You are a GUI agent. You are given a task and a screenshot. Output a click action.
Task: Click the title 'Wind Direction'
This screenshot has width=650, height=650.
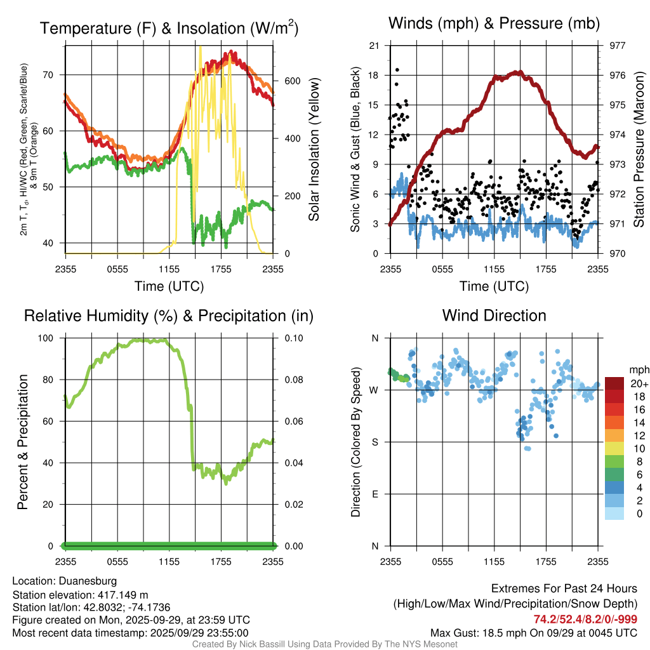pyautogui.click(x=494, y=315)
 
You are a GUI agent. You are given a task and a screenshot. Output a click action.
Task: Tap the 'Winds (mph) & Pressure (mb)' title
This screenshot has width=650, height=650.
pyautogui.click(x=494, y=24)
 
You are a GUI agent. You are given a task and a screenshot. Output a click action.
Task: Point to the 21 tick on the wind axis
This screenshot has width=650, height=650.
pyautogui.click(x=375, y=46)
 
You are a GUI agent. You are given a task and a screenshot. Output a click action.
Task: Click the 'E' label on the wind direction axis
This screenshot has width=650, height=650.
pyautogui.click(x=375, y=494)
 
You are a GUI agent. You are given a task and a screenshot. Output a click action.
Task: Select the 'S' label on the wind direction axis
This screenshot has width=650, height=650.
pyautogui.click(x=375, y=442)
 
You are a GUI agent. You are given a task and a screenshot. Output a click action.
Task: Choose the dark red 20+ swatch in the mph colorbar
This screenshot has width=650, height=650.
pyautogui.click(x=614, y=383)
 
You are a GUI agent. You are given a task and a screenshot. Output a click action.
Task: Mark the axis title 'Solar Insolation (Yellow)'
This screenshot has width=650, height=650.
pyautogui.click(x=314, y=150)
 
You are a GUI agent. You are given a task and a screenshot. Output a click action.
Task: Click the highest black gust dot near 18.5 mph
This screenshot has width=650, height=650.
pyautogui.click(x=397, y=70)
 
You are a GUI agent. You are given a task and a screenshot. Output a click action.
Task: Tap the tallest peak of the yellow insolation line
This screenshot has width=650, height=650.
pyautogui.click(x=200, y=47)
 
